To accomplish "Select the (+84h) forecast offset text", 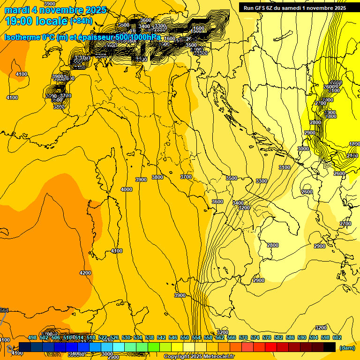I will [82, 21].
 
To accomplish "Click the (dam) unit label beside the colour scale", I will [346, 348].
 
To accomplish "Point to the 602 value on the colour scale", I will [337, 337].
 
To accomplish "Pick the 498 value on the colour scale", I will [32, 337].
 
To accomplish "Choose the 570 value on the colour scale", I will [243, 337].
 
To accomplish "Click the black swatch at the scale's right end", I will [330, 347].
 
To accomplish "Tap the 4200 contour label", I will [85, 273].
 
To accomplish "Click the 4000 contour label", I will [127, 189].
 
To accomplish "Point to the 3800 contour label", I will [157, 177].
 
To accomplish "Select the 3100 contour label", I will [285, 167].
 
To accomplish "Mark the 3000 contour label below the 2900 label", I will [303, 149].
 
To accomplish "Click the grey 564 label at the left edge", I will [4, 310].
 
